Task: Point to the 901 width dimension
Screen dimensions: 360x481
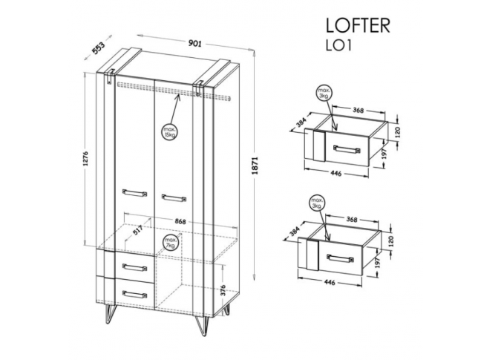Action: (196, 44)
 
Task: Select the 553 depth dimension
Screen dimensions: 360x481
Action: (97, 48)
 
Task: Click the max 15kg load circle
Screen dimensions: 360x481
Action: (170, 132)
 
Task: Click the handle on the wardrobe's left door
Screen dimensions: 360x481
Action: (134, 193)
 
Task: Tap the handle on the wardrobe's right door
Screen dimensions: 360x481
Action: (173, 197)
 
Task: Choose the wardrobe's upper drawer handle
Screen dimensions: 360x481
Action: (134, 267)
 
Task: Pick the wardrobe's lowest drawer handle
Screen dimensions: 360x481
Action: (134, 294)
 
